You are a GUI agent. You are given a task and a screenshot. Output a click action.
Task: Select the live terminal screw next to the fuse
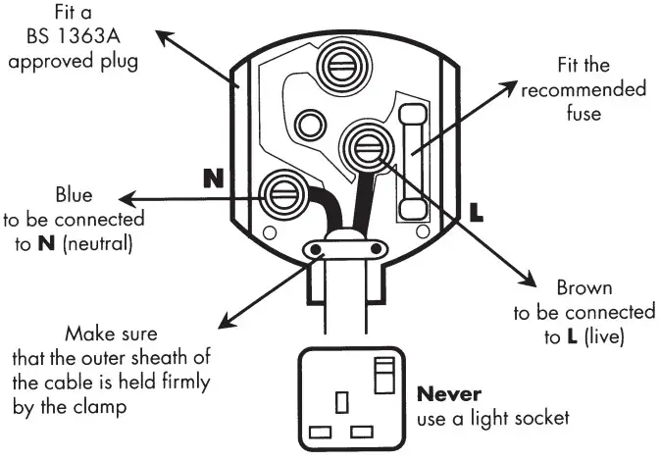coord(371,147)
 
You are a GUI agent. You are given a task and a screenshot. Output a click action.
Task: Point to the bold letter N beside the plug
coord(213,179)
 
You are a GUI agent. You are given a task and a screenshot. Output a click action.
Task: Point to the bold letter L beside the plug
coord(477,211)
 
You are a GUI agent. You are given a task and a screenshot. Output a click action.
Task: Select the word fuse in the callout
coord(584,112)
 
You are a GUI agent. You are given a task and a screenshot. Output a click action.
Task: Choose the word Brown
coord(584,288)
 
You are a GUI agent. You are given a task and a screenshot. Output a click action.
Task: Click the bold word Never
coord(448,394)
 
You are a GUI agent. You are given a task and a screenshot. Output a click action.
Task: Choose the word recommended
coord(584,89)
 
